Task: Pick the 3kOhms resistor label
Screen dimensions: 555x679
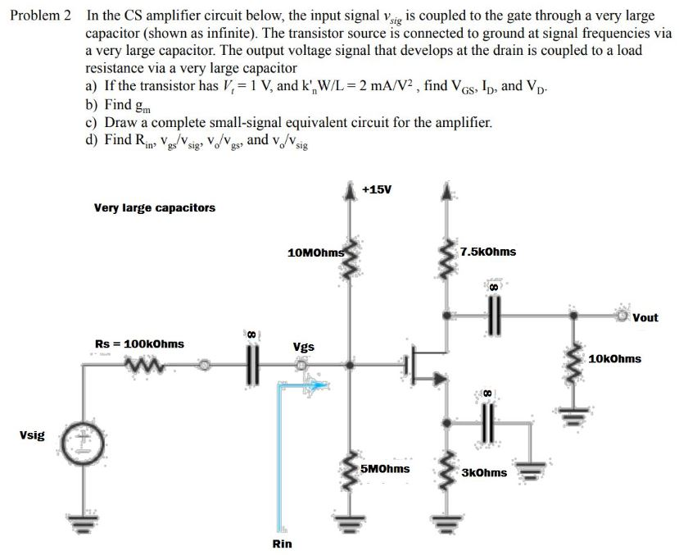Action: [x=484, y=472]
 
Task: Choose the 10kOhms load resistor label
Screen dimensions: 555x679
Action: [x=614, y=358]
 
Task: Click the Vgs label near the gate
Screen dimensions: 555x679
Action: [x=303, y=347]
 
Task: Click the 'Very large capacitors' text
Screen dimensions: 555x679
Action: [x=155, y=207]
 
